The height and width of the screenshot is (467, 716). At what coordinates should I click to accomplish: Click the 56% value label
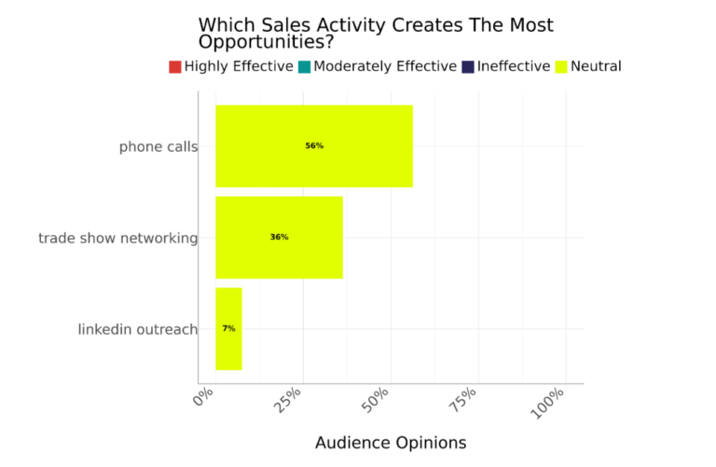314,146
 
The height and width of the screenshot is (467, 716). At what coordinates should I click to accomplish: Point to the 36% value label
279,238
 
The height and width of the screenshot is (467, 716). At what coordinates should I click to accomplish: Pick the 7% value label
228,329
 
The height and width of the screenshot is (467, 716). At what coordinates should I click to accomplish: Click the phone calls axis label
158,147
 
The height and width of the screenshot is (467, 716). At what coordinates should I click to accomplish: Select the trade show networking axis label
117,239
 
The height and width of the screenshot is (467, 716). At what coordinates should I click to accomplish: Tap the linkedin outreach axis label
137,330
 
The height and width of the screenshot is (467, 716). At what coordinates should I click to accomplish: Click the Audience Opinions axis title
391,443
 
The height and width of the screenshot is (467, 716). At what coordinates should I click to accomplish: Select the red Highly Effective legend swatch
175,67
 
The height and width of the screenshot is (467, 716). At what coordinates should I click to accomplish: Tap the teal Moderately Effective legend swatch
304,67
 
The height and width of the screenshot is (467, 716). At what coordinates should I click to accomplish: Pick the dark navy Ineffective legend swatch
468,67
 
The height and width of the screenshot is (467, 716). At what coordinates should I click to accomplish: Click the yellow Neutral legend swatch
561,67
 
